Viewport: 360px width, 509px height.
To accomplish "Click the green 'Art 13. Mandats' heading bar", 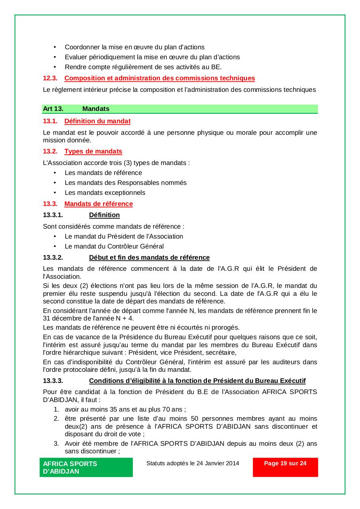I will coord(180,109).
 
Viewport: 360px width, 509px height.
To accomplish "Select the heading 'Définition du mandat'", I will coord(97,121).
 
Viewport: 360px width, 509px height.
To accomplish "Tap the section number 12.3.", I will coord(50,78).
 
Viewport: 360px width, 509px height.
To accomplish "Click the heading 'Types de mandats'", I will coord(93,151).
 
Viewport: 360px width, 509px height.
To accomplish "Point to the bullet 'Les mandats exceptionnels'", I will coord(105,193).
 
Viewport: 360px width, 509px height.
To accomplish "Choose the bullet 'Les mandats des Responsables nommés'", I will coord(126,183).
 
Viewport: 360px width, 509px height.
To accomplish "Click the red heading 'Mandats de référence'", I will coord(98,204).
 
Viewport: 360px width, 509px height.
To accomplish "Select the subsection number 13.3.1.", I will coord(53,215).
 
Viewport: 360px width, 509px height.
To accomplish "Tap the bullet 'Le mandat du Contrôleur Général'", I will coord(114,246).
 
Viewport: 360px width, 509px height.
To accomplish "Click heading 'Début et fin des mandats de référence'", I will coord(149,257).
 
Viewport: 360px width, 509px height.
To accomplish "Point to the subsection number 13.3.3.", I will coord(53,381).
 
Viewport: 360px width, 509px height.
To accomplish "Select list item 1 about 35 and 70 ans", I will coord(125,409).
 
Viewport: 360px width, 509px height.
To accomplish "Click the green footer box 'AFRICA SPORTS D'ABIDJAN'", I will coord(86,467).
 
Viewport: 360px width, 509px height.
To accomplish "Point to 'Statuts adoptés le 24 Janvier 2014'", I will coord(193,463).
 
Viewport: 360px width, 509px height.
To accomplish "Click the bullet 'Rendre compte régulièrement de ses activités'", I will coord(143,67).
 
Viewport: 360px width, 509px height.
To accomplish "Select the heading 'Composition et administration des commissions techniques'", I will coord(160,78).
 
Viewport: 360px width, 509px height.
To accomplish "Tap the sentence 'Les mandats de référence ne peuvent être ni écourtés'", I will coord(141,328).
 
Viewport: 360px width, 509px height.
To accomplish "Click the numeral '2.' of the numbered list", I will coord(56,419).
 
